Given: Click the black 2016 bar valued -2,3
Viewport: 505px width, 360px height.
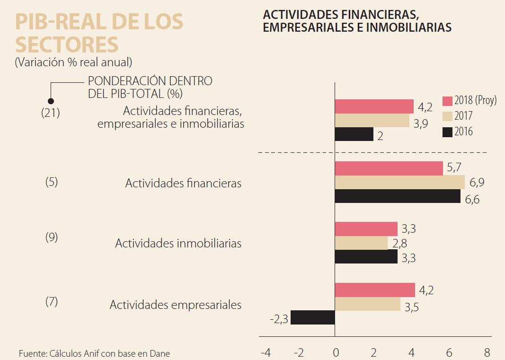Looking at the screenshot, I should [x=312, y=317].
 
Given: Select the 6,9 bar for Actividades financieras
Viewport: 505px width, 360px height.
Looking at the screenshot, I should [x=399, y=182].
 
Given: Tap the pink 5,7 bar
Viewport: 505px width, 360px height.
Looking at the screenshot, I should [x=389, y=168].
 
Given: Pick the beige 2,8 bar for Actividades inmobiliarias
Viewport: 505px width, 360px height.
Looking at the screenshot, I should [x=361, y=243].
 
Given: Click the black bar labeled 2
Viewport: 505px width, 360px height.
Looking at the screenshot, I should [x=354, y=134].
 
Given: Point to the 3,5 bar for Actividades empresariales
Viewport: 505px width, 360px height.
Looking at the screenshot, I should [x=368, y=304].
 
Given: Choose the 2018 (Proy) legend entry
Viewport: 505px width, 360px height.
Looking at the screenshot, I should [x=470, y=101].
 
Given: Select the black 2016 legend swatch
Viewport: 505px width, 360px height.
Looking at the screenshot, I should [x=447, y=132].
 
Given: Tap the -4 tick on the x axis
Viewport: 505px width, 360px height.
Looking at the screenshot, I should [x=266, y=352].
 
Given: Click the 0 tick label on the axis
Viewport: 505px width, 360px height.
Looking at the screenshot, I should [x=336, y=352].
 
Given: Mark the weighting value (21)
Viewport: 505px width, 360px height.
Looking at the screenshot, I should [x=51, y=114].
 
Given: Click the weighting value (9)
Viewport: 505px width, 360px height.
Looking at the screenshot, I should [x=51, y=237].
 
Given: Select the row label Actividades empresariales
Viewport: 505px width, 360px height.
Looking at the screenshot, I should [x=176, y=305].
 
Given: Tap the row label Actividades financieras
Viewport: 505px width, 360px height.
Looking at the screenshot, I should [x=183, y=184].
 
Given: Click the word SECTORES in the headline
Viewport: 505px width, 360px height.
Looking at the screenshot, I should [x=67, y=44].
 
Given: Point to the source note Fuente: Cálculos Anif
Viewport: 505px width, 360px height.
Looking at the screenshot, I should [x=94, y=353].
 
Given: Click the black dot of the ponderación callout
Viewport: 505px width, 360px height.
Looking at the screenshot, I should [x=51, y=100].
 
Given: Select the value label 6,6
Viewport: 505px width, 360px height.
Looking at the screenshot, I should [x=472, y=200].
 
